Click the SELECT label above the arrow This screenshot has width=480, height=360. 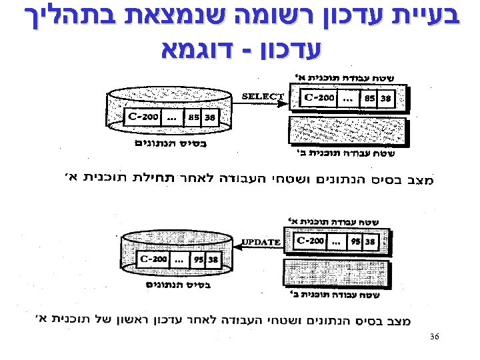click(262, 96)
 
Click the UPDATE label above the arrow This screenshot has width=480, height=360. click(261, 241)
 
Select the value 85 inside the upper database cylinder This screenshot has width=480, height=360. click(194, 118)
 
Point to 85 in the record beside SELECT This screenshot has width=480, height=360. click(369, 99)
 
